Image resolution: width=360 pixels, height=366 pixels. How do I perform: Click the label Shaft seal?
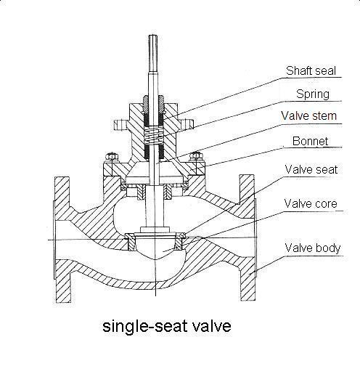(x=311, y=70)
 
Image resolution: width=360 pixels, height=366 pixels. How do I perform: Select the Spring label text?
(x=313, y=94)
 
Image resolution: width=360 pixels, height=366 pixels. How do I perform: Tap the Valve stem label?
(x=308, y=115)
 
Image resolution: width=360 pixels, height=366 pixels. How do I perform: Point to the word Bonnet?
(x=310, y=141)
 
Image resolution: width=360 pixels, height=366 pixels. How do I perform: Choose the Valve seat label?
(x=311, y=169)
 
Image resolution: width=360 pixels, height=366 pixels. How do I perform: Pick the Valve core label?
(x=311, y=203)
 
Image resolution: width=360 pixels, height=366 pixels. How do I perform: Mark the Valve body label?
(x=313, y=248)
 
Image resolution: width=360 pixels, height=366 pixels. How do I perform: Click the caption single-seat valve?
(x=167, y=327)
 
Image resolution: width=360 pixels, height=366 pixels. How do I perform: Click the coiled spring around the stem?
(x=154, y=136)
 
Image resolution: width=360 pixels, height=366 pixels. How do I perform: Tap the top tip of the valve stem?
(x=153, y=36)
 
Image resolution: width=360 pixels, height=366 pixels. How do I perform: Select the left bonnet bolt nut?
(x=111, y=157)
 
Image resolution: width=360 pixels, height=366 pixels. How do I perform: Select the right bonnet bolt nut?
(x=197, y=156)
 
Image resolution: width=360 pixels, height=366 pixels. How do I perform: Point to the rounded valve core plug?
(x=155, y=247)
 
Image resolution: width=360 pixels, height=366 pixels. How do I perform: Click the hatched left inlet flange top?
(x=62, y=189)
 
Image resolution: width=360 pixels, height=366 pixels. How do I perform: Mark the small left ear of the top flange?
(x=120, y=125)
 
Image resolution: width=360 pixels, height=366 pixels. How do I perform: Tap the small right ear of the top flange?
(x=187, y=124)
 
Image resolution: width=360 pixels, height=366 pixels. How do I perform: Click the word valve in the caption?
(x=212, y=325)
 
